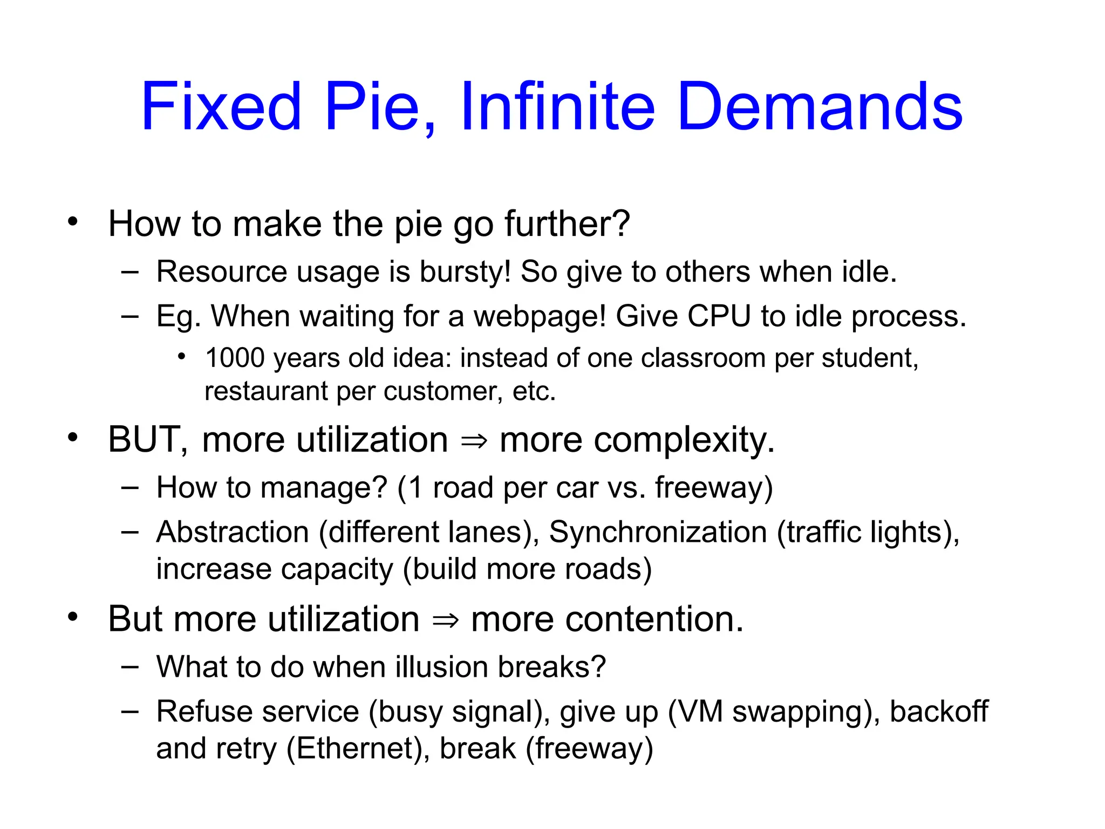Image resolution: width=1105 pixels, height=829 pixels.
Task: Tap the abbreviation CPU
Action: point(719,316)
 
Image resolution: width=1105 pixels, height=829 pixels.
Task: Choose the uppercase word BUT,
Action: point(148,440)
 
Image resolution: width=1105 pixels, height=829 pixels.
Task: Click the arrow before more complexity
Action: point(474,441)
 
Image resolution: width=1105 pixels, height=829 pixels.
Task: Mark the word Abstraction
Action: point(233,532)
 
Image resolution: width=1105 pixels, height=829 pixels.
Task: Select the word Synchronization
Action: point(658,532)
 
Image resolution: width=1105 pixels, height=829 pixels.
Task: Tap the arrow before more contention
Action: point(446,621)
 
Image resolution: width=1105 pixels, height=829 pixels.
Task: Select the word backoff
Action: point(939,711)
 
